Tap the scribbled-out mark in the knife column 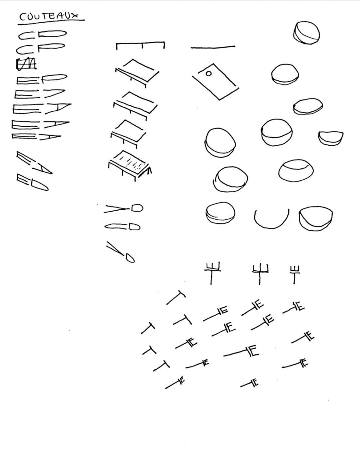[x=26, y=64]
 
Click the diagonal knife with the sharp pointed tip [x=34, y=163]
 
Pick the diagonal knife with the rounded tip [x=32, y=182]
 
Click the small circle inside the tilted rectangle [x=208, y=73]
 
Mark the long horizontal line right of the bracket [x=213, y=47]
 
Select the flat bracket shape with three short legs [x=140, y=45]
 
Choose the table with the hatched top [x=130, y=165]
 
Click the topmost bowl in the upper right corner [x=306, y=33]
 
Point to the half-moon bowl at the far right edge [x=330, y=138]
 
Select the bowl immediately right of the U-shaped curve [x=316, y=218]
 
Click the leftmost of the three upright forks [x=212, y=272]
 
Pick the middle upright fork [x=260, y=273]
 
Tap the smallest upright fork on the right [x=295, y=274]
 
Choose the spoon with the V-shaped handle [x=123, y=208]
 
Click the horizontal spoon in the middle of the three [x=123, y=227]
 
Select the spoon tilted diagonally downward [x=120, y=252]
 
